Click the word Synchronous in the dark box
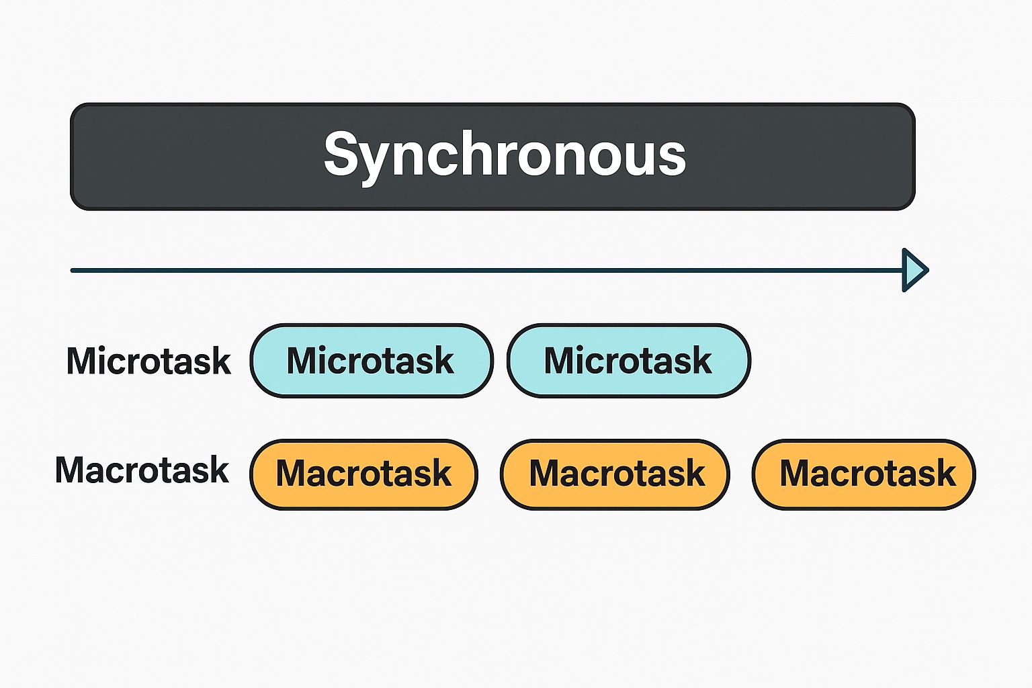click(505, 155)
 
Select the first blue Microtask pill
click(372, 360)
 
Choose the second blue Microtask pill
click(629, 360)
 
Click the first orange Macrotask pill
click(363, 474)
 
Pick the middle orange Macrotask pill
click(615, 474)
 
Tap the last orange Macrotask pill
click(864, 474)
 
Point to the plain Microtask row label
click(148, 361)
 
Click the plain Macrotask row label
click(142, 470)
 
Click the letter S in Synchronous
click(341, 153)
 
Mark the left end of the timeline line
click(72, 271)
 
